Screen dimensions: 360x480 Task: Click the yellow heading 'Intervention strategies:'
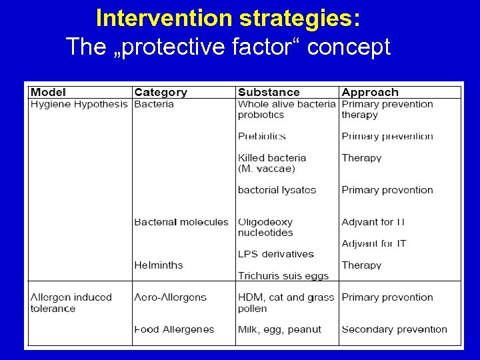click(229, 18)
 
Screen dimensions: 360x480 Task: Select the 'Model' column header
click(48, 93)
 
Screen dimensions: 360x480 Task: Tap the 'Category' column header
click(161, 93)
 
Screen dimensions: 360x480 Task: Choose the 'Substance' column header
click(269, 93)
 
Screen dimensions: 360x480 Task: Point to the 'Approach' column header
click(370, 93)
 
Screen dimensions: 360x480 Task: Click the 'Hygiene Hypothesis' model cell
click(79, 104)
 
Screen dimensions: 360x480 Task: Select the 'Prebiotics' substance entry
click(261, 136)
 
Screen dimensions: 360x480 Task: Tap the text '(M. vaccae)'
click(266, 169)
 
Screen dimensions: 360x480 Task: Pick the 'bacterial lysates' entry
click(277, 190)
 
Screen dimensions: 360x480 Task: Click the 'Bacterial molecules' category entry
click(181, 222)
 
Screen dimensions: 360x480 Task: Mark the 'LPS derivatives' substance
click(275, 254)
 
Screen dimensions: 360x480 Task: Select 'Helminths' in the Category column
click(158, 265)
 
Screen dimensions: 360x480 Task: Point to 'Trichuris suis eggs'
click(283, 276)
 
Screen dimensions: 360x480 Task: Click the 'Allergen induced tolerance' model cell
click(71, 303)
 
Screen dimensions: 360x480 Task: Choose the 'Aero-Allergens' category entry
click(170, 297)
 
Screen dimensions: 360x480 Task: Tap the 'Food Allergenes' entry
click(174, 329)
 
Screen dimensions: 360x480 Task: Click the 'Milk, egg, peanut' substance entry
click(279, 329)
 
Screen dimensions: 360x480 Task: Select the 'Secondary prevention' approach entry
click(394, 329)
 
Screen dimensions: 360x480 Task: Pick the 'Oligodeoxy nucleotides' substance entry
click(265, 227)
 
